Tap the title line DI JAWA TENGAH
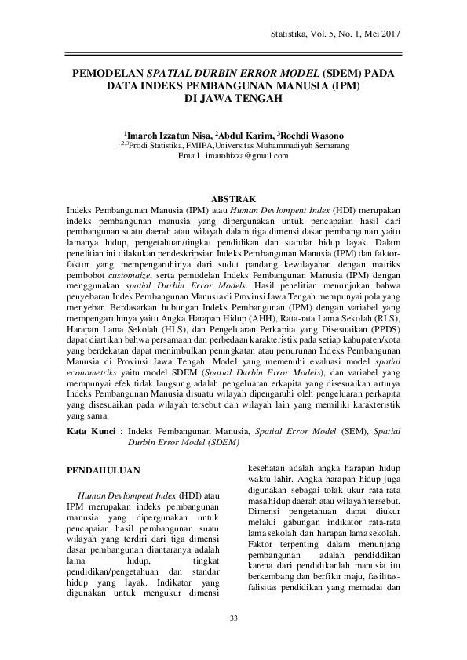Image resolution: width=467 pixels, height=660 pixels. click(233, 100)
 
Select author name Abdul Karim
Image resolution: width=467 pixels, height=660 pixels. click(243, 134)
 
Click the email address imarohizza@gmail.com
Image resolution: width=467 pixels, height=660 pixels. click(246, 155)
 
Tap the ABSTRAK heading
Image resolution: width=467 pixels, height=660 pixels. click(233, 200)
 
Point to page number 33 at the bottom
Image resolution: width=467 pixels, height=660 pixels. click(233, 620)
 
